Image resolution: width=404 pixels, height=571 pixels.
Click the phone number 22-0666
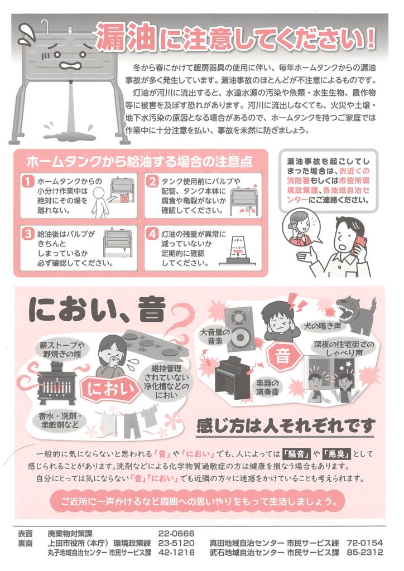click(x=176, y=534)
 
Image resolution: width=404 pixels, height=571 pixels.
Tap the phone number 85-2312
click(x=364, y=553)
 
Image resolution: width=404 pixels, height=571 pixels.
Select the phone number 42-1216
click(x=176, y=553)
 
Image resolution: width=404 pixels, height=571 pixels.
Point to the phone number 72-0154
click(x=364, y=543)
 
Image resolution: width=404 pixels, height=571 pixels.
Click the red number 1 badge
click(x=28, y=181)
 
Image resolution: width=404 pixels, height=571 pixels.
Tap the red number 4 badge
click(x=152, y=234)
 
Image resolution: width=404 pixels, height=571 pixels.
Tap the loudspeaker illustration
click(x=239, y=328)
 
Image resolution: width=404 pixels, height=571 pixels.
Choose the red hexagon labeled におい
click(x=108, y=389)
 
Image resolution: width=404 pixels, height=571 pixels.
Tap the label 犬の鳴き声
click(x=323, y=326)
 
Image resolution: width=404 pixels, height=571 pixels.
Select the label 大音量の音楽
click(x=215, y=336)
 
